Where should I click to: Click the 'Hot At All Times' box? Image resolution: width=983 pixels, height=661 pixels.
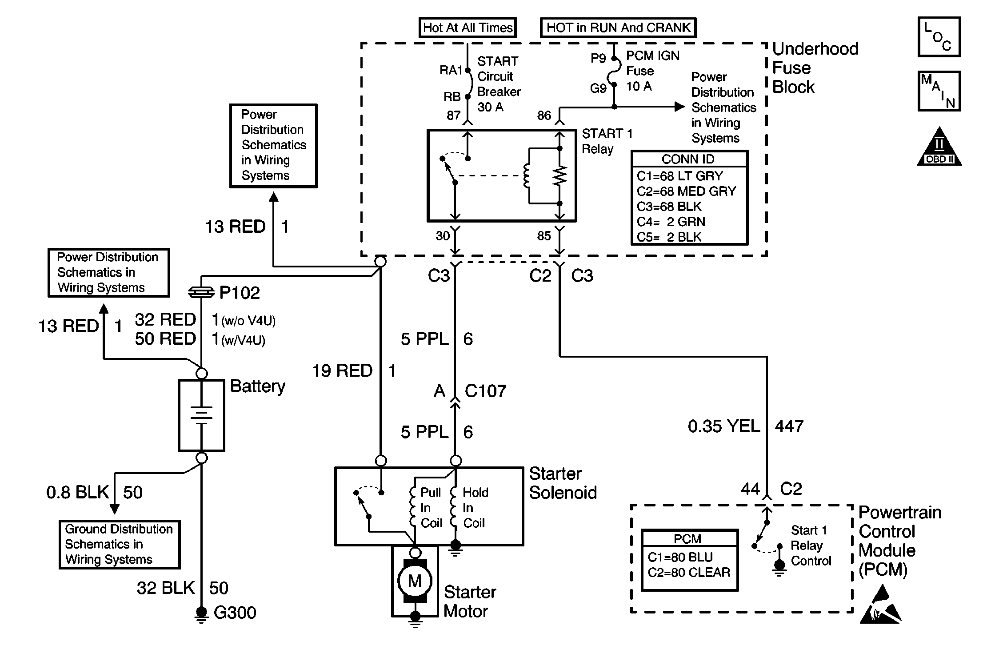click(x=468, y=28)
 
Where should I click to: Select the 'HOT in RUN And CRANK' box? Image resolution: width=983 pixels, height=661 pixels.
click(x=618, y=28)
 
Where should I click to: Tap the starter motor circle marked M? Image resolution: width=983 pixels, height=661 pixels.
click(x=415, y=581)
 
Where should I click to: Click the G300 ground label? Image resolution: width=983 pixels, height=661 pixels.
click(x=235, y=613)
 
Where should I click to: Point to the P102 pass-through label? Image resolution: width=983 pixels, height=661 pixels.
click(x=239, y=293)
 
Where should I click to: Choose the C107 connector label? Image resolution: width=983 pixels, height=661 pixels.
click(x=485, y=391)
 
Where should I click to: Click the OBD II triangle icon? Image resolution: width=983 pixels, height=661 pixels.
click(x=939, y=148)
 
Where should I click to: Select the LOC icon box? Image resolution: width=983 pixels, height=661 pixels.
click(x=939, y=37)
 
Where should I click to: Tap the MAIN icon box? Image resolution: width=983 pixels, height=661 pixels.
click(x=939, y=91)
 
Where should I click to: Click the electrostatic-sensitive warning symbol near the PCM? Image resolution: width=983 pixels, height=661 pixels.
click(x=880, y=605)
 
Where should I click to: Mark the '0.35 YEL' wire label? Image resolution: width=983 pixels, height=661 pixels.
click(x=723, y=426)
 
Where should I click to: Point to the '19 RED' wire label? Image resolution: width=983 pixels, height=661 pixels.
click(x=342, y=371)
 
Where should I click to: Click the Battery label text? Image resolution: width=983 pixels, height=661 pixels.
click(x=257, y=386)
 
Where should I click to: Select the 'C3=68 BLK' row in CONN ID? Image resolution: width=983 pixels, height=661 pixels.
click(x=669, y=207)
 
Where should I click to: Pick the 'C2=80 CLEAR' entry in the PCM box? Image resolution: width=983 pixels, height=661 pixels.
click(x=689, y=573)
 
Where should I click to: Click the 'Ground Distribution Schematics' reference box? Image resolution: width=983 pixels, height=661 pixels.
click(x=119, y=544)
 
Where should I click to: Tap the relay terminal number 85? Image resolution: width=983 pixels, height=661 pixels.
click(x=544, y=236)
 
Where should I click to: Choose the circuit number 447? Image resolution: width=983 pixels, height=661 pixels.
click(x=789, y=426)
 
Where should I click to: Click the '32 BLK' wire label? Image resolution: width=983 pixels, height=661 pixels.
click(x=165, y=588)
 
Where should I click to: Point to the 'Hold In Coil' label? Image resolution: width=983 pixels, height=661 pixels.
click(x=475, y=508)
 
